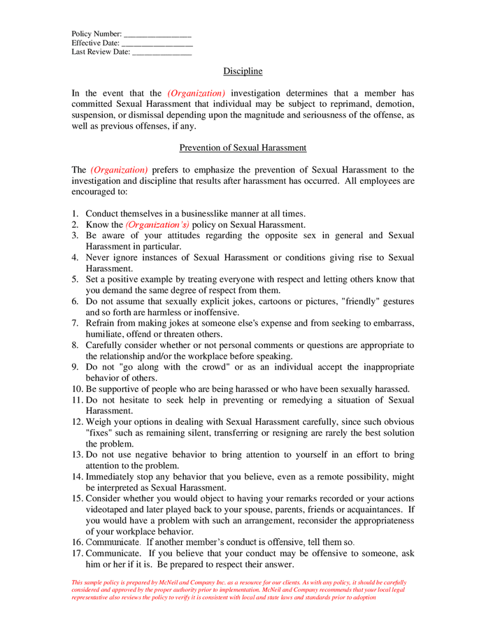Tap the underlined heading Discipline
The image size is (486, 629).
(243, 71)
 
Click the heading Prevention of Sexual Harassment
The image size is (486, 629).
(243, 148)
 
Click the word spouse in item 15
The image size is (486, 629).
(268, 510)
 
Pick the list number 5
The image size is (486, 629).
(76, 280)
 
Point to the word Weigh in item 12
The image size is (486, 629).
(99, 422)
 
